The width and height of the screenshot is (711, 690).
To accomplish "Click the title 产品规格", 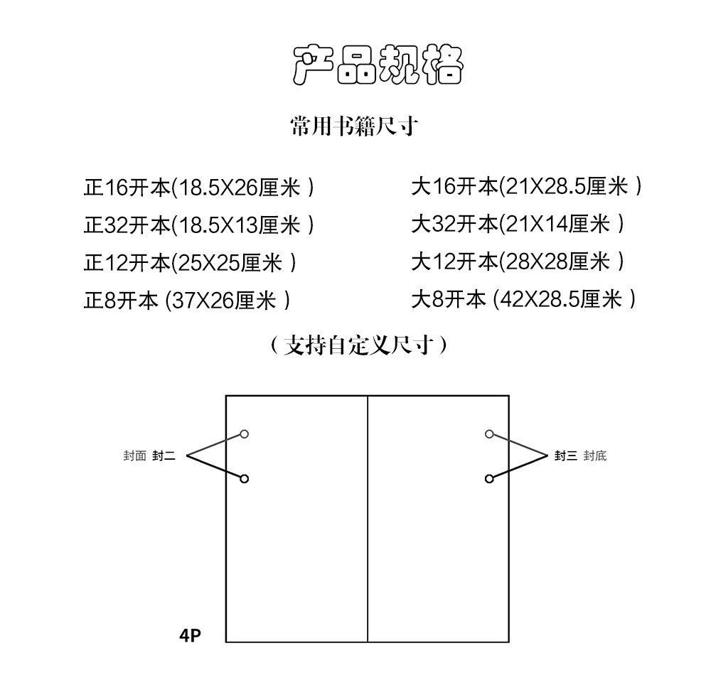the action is (x=378, y=65).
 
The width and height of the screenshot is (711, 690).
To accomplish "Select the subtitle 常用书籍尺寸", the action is (x=354, y=126).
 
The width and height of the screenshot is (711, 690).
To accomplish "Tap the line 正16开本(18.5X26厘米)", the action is (x=198, y=187).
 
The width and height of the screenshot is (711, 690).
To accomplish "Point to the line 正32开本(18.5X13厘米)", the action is (x=198, y=225).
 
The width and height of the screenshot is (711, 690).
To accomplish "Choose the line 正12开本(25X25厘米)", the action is (x=190, y=262).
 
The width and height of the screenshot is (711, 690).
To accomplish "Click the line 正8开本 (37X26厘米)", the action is (x=187, y=300).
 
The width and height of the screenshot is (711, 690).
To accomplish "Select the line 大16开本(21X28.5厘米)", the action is (x=526, y=186).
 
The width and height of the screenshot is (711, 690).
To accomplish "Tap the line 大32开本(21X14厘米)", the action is (x=518, y=224).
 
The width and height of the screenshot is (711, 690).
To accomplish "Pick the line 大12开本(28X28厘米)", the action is (x=518, y=262).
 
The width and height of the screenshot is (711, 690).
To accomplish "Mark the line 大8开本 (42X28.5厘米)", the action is (x=524, y=299).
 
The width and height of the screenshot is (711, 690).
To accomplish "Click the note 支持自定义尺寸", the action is (x=358, y=345).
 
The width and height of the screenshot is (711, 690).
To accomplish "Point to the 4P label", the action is (x=190, y=635).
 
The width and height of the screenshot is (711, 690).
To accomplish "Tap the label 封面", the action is (x=134, y=455).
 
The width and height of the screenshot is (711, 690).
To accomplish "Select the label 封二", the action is (x=164, y=455).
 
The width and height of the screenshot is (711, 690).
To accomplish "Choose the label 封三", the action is (x=565, y=455).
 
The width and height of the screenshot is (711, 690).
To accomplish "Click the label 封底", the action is (x=595, y=455).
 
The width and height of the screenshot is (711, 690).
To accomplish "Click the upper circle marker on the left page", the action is (x=245, y=434).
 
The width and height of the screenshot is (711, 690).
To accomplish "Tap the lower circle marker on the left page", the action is (x=245, y=478).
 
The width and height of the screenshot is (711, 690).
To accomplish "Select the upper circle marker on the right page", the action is (x=489, y=434).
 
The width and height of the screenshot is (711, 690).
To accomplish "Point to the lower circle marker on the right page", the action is (x=489, y=478).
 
